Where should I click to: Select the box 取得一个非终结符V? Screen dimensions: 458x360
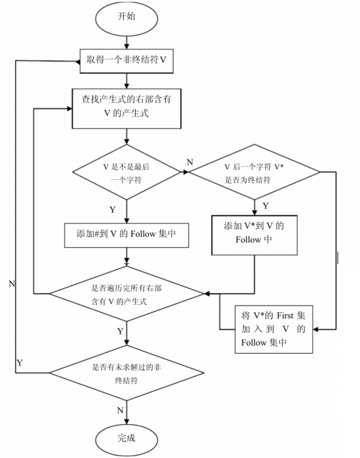[126, 61]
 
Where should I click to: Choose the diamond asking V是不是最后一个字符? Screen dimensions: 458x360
[126, 173]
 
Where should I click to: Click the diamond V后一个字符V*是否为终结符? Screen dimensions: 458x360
[255, 173]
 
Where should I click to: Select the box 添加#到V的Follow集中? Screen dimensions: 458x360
[126, 234]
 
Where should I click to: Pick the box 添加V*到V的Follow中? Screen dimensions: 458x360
[255, 234]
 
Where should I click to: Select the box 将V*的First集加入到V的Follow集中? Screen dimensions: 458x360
[273, 329]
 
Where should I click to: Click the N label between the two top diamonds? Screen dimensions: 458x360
[189, 162]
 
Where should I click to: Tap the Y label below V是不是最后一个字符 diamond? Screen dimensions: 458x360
[112, 210]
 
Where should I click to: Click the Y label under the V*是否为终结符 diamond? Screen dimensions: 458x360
[265, 206]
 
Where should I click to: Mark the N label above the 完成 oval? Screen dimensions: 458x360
[120, 410]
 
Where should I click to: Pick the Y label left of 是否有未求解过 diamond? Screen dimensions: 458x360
[20, 363]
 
